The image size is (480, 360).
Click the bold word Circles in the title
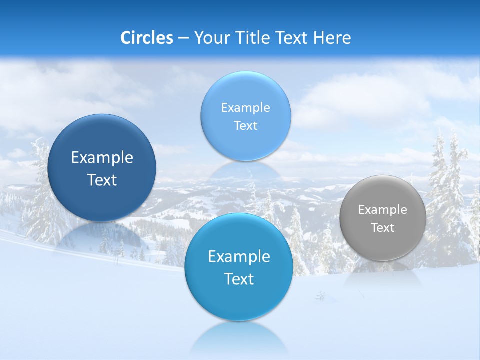(146, 37)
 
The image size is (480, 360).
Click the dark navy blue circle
(102, 168)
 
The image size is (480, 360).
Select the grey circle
(383, 218)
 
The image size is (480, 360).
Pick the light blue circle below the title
(245, 116)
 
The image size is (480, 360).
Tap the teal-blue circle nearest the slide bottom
(239, 267)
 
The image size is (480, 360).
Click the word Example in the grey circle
(383, 210)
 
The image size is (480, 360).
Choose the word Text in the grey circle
(383, 228)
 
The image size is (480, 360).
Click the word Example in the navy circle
(102, 158)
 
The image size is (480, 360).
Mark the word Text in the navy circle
(102, 180)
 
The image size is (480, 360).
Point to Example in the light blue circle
(245, 108)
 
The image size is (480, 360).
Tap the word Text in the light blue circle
(245, 126)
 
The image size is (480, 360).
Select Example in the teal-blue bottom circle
(239, 257)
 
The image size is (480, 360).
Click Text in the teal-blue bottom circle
(239, 279)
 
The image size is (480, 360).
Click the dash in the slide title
(183, 38)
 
